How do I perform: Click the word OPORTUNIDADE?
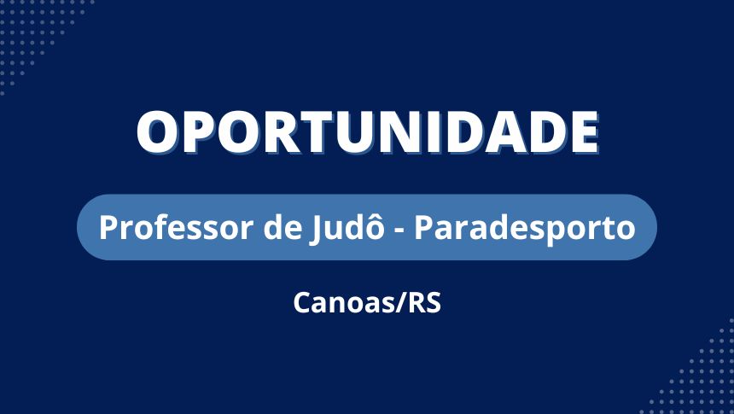tap(368, 132)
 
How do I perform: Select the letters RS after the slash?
tap(425, 303)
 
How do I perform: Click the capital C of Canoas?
tap(302, 303)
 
